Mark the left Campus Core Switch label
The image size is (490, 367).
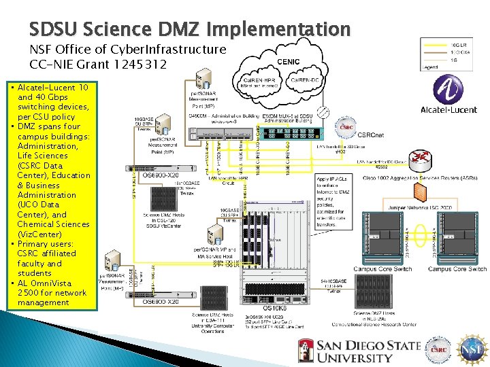click(382, 269)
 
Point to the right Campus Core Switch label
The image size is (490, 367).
click(457, 269)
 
